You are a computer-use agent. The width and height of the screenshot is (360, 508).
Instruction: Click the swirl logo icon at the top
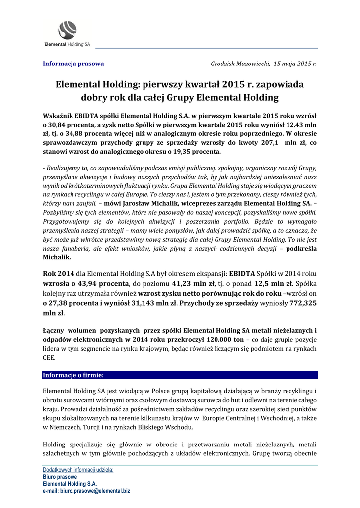(67, 29)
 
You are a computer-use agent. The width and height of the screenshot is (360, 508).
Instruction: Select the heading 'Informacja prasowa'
(73, 63)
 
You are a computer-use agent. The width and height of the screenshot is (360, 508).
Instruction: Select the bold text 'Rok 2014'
(59, 273)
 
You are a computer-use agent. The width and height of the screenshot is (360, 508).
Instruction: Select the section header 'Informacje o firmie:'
(73, 375)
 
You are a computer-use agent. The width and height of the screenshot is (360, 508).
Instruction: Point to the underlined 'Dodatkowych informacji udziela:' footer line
(78, 469)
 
